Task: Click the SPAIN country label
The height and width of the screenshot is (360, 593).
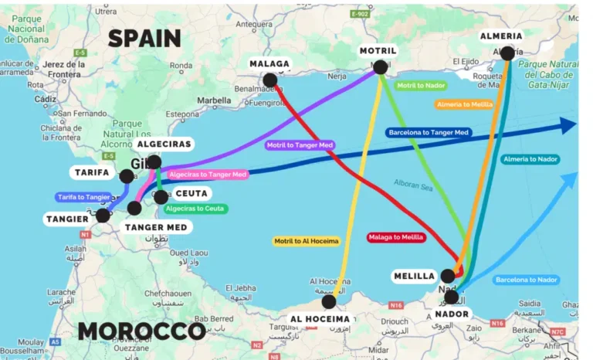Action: (144, 39)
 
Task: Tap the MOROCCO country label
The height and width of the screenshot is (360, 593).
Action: (141, 331)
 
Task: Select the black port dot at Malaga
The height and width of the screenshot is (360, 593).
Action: (269, 80)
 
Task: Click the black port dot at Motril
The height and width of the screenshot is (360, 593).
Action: (380, 67)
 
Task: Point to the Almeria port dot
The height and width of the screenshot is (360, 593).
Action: (507, 53)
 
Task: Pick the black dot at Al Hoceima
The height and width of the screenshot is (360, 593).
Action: (329, 302)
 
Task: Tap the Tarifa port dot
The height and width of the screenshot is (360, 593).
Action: (127, 176)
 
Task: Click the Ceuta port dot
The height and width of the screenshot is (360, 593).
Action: (161, 197)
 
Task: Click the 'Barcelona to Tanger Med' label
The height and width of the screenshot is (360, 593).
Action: (429, 133)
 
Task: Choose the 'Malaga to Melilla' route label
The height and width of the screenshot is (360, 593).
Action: (395, 237)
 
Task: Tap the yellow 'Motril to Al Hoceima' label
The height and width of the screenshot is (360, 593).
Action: (307, 241)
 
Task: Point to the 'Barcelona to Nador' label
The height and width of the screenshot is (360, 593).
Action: (527, 279)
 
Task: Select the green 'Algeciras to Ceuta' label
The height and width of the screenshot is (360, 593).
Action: (195, 209)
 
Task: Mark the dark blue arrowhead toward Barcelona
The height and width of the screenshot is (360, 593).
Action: (568, 125)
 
